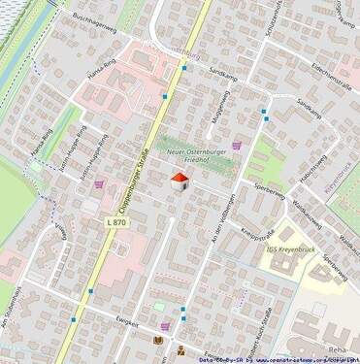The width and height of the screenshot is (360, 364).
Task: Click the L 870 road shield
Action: coord(115,222)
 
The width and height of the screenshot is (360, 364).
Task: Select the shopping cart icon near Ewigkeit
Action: coord(165,327)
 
